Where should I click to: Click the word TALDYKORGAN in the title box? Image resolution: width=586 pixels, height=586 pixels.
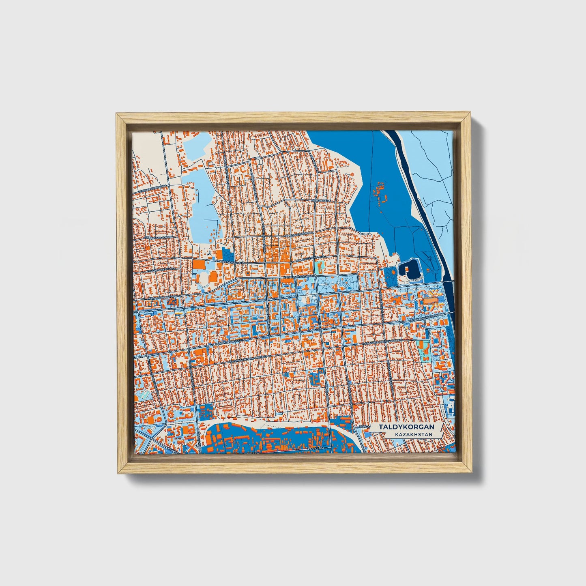(406, 427)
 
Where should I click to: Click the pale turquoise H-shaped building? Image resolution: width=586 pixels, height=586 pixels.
(319, 266)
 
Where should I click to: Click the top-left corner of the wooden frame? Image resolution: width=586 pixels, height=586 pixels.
(117, 114)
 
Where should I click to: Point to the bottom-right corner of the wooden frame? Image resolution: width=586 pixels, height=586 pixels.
(472, 472)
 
